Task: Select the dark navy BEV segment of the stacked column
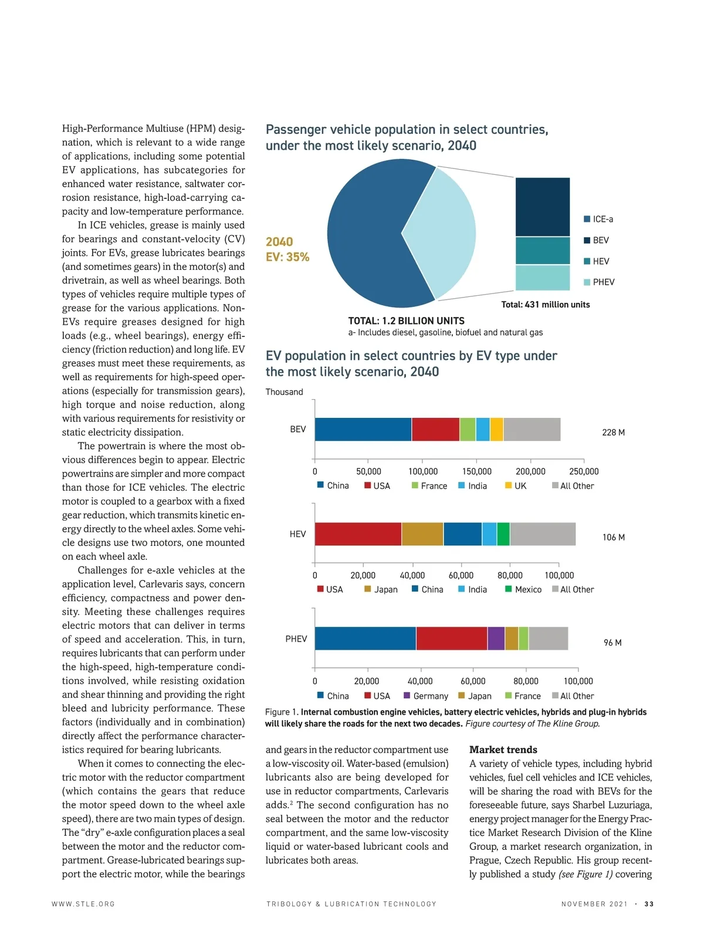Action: coord(542,207)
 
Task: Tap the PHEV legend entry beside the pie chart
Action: coord(599,282)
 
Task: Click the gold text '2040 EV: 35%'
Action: coord(287,249)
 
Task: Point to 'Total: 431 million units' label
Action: coord(545,305)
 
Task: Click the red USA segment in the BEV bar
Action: coord(435,430)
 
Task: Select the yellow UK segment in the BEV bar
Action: coord(496,430)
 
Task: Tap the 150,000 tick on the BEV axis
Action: coord(476,471)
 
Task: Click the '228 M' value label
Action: coord(613,433)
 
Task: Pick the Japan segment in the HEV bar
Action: coord(422,534)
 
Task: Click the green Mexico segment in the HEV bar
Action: coord(503,534)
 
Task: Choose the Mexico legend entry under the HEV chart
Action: coord(523,589)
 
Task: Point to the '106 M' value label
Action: coord(613,537)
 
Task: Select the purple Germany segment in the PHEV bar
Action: coord(496,639)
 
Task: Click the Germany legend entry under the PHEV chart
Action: coord(426,696)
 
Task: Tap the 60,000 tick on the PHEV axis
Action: coord(473,681)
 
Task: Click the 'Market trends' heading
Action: coord(503,749)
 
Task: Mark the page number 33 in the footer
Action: coord(649,904)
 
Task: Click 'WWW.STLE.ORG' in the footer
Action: coord(83,904)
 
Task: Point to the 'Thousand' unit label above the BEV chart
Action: coord(284,392)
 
